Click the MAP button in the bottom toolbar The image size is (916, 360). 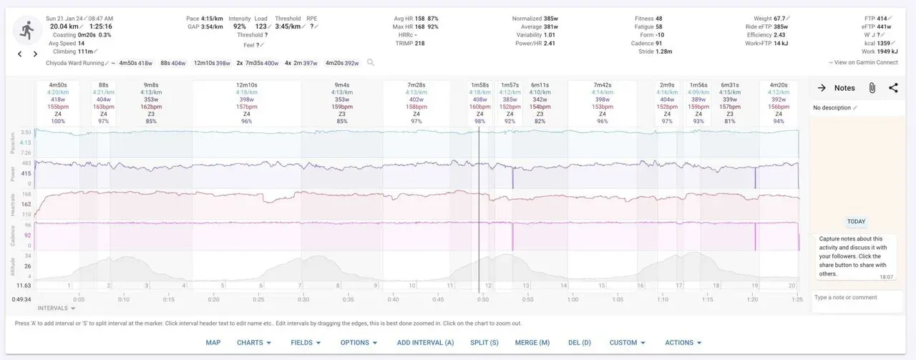(213, 343)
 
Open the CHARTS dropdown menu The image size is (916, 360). (254, 343)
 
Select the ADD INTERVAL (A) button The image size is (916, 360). (425, 343)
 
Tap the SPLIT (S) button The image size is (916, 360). (484, 343)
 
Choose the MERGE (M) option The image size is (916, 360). (532, 343)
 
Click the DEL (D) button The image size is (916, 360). (580, 343)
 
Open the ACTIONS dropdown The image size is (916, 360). (683, 343)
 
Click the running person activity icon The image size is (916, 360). (27, 30)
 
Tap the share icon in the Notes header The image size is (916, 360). (893, 88)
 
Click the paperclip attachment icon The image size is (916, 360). (872, 88)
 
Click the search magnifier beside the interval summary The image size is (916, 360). (371, 63)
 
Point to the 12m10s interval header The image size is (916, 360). (246, 85)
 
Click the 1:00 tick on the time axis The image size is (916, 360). (573, 299)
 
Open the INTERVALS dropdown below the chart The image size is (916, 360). (57, 308)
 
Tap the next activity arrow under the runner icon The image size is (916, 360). (35, 54)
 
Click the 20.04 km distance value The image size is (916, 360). (64, 26)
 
